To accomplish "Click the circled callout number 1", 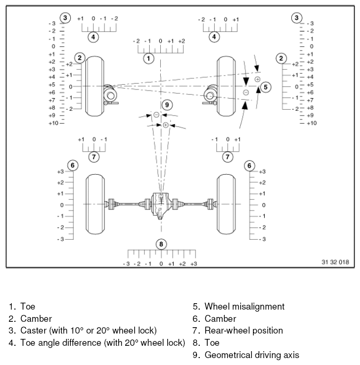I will (149, 57).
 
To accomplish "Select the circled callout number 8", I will (161, 244).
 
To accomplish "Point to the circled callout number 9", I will (167, 104).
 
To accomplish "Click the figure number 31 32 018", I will (335, 263).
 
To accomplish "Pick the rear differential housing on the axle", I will (161, 205).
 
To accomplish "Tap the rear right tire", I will (226, 204).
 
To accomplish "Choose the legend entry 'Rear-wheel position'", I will (243, 331).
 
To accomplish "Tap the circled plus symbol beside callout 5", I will (257, 79).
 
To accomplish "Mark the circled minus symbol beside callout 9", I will (156, 115).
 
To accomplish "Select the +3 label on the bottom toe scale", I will (193, 264).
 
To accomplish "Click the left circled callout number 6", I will (72, 165).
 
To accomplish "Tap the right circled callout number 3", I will (297, 18).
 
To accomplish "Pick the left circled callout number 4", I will (93, 37).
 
